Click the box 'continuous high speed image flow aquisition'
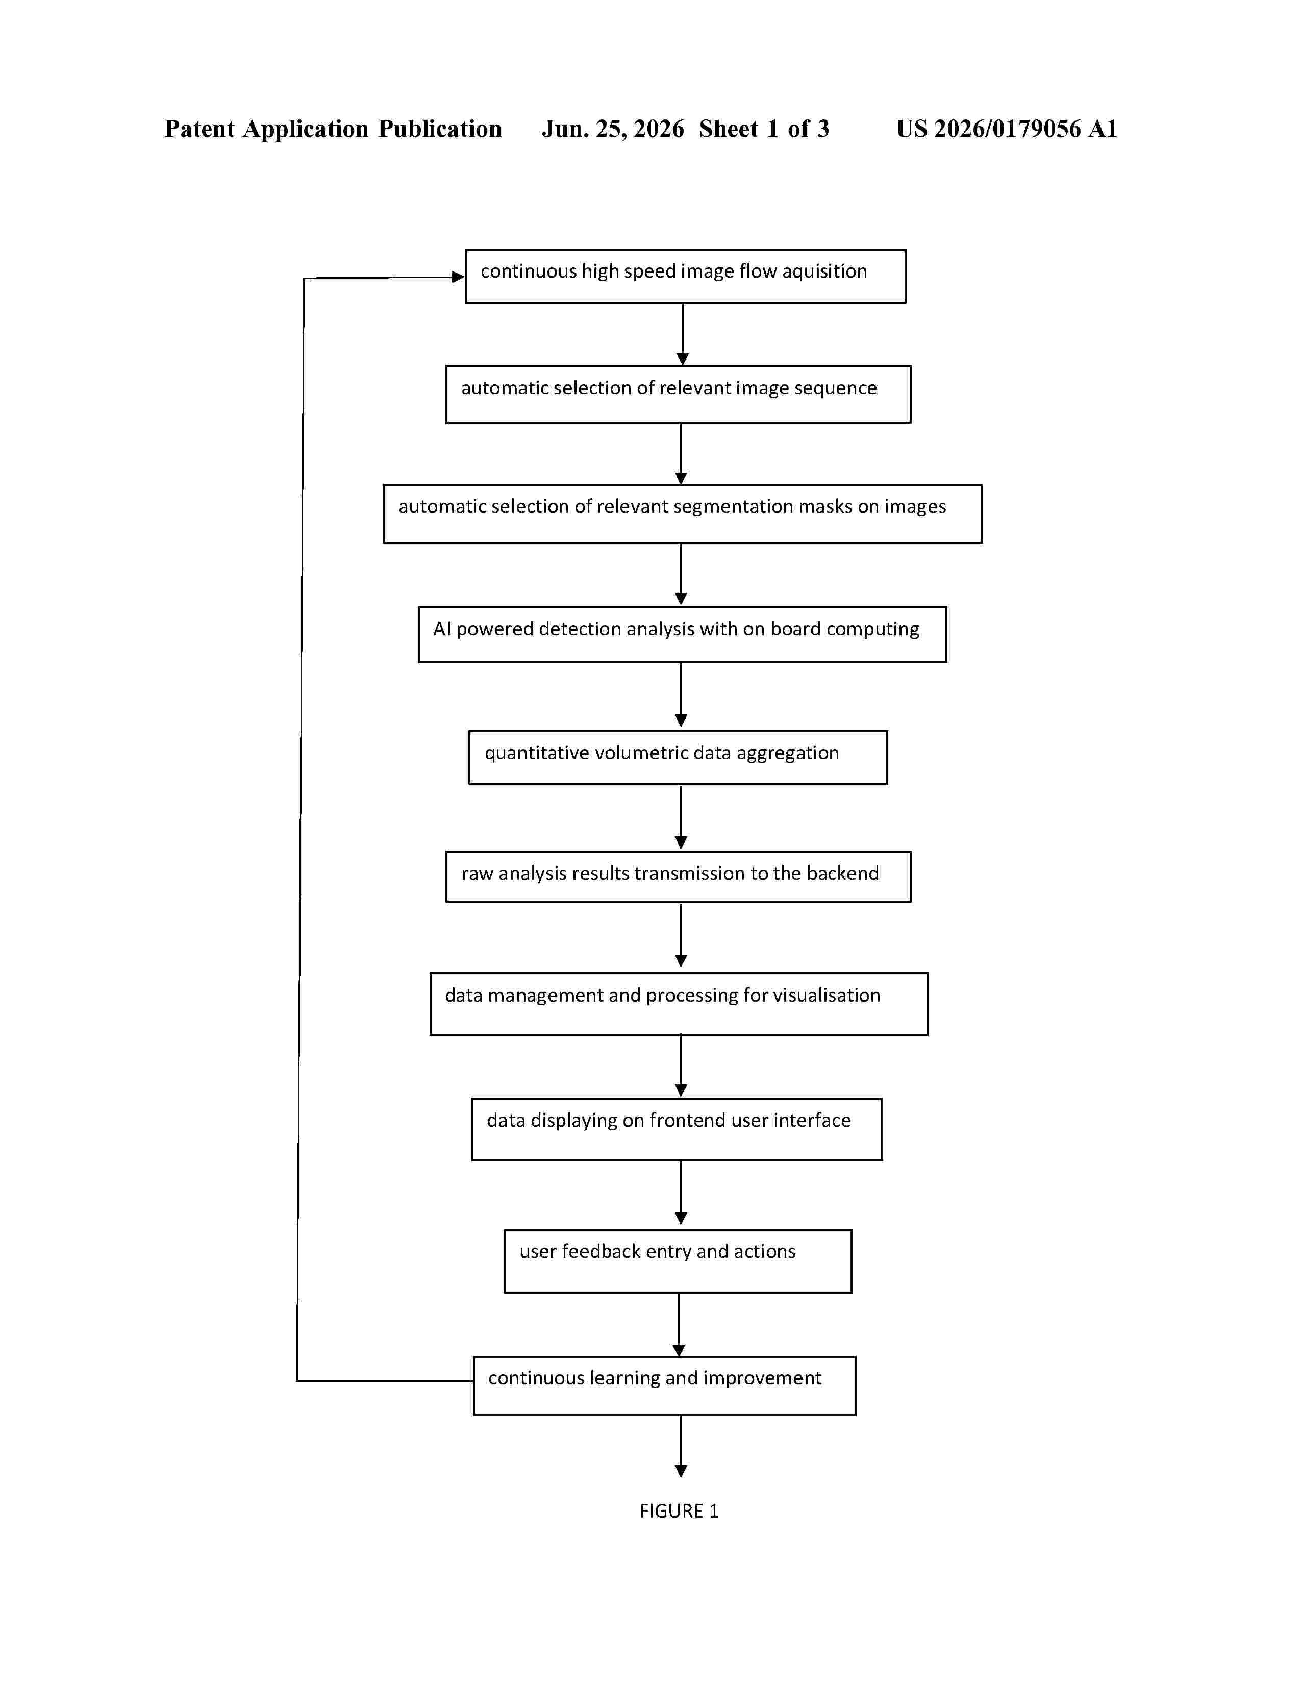685,276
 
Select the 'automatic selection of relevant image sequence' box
678,394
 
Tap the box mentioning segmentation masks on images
682,513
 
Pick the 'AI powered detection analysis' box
682,635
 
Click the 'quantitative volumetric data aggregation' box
678,757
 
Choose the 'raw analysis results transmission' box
678,877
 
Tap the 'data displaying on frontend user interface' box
677,1129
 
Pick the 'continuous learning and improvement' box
664,1385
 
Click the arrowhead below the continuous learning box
681,1470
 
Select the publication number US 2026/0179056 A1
1007,129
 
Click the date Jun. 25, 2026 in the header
613,129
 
